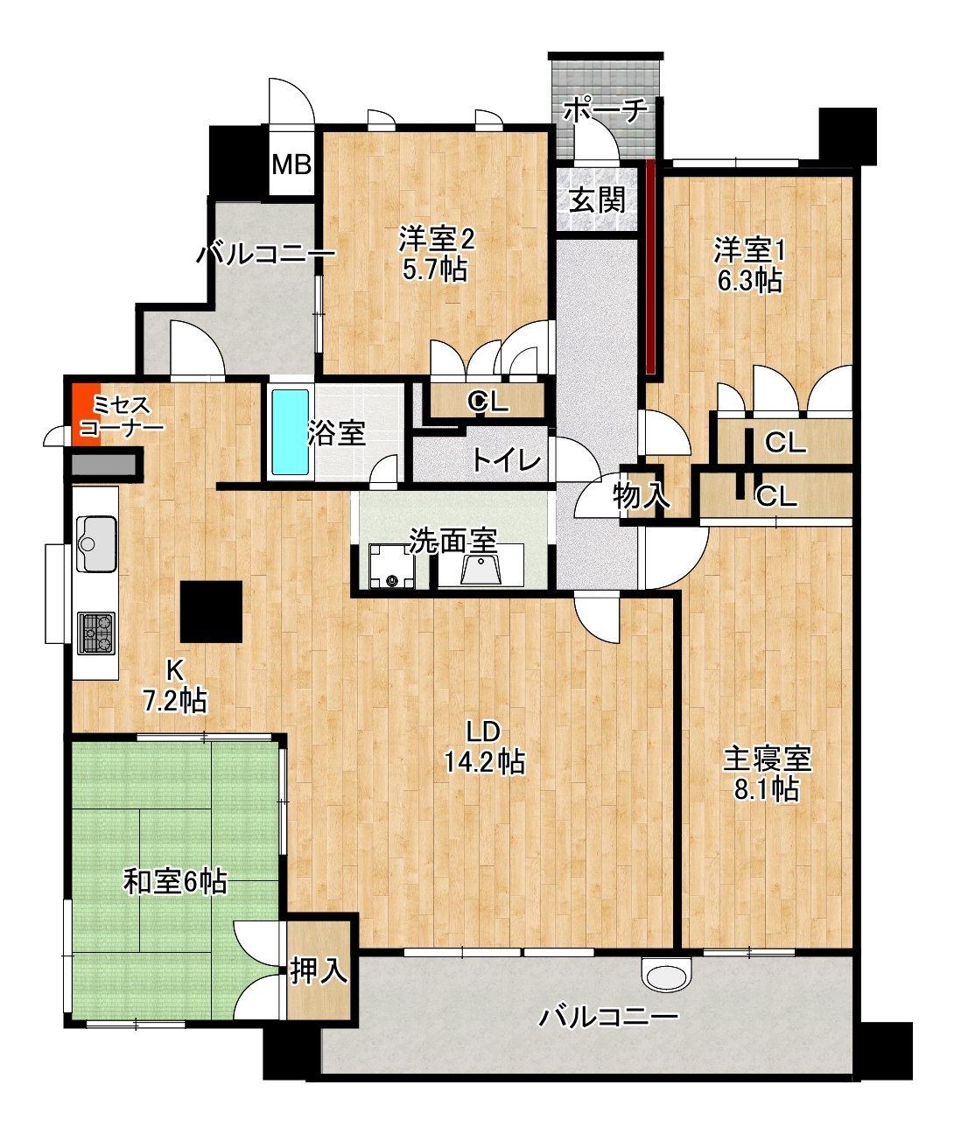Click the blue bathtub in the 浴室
[x=290, y=431]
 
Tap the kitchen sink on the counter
[x=96, y=543]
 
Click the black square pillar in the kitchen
[x=211, y=611]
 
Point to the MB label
[x=291, y=164]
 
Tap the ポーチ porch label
[x=605, y=111]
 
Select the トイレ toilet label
[x=507, y=459]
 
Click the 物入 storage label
[x=640, y=495]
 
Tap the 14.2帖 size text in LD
[x=485, y=762]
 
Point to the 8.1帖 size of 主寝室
[x=767, y=789]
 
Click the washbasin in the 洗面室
[x=480, y=569]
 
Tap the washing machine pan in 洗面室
[x=391, y=566]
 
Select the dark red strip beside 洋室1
[x=651, y=267]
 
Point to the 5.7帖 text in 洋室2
[x=435, y=269]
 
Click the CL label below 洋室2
[x=488, y=402]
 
